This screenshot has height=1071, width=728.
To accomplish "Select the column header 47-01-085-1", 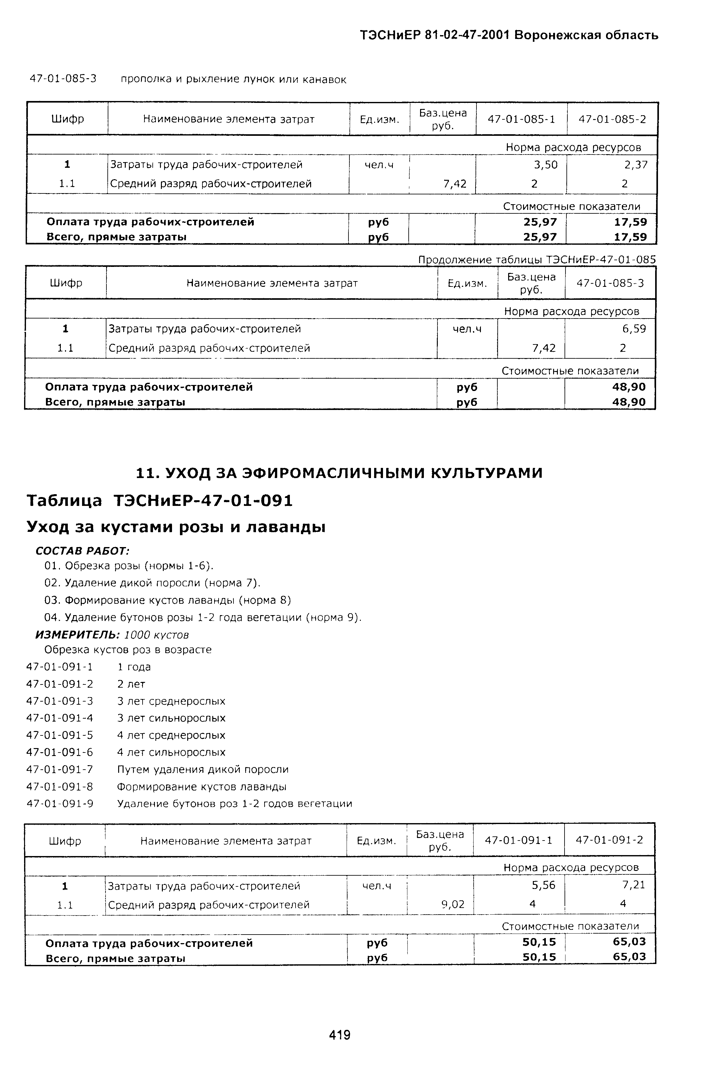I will click(521, 119).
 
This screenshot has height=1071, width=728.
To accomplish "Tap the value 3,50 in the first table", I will click(546, 165).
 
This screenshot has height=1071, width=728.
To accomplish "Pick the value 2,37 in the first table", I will click(636, 165).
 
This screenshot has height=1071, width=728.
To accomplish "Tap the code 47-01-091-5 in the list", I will click(60, 735).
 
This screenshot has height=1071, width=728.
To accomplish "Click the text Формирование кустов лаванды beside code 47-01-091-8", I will click(201, 787).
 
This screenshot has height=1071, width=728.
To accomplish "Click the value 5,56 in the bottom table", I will click(544, 885).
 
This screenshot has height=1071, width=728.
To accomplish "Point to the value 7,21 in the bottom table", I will click(634, 885).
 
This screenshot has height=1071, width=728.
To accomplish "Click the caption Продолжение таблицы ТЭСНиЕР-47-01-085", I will click(536, 260).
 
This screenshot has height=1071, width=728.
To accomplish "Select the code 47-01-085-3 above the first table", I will click(63, 79).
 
